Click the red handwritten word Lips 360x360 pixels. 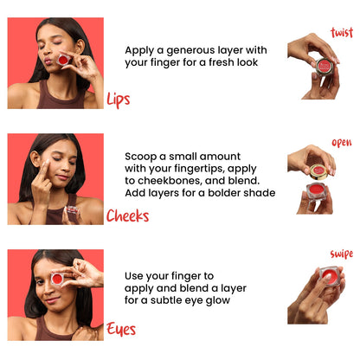pyautogui.click(x=119, y=99)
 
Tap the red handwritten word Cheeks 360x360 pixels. pyautogui.click(x=127, y=215)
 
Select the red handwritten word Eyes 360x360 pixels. pyautogui.click(x=120, y=329)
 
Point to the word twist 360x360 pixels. pyautogui.click(x=342, y=33)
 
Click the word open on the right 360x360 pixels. pyautogui.click(x=341, y=143)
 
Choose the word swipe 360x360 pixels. pyautogui.click(x=341, y=254)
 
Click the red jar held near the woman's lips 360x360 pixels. pyautogui.click(x=63, y=59)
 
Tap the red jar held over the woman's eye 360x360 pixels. pyautogui.click(x=58, y=278)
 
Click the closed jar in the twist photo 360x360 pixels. pyautogui.click(x=324, y=67)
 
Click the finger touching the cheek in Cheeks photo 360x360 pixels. pyautogui.click(x=42, y=170)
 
